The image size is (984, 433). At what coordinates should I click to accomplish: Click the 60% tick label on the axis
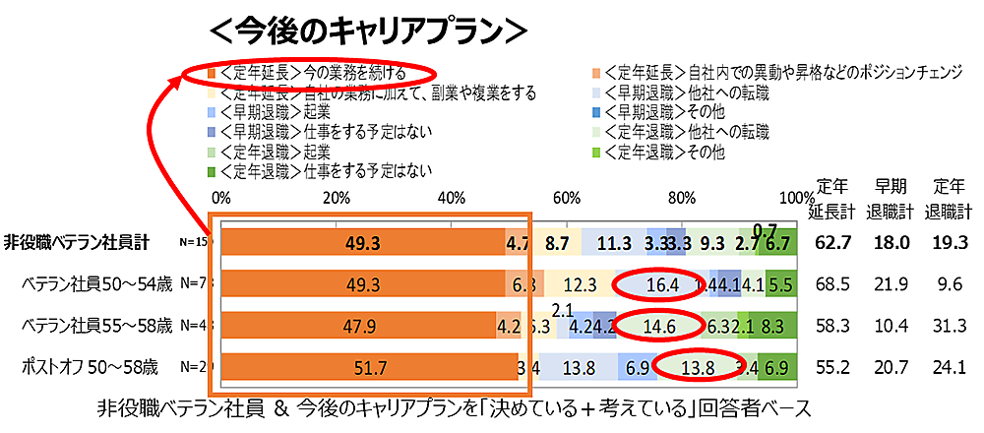pyautogui.click(x=566, y=197)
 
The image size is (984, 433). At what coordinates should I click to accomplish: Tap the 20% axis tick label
pyautogui.click(x=337, y=197)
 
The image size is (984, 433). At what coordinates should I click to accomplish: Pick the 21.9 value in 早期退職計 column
pyautogui.click(x=892, y=284)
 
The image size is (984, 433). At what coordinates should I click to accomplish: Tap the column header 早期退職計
pyautogui.click(x=893, y=196)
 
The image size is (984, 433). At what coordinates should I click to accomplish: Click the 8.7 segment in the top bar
pyautogui.click(x=557, y=241)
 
